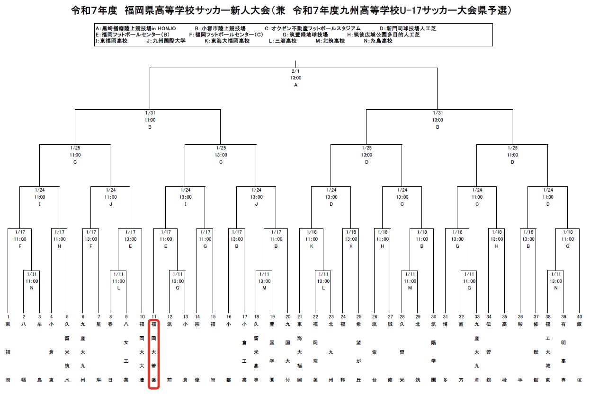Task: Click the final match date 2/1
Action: [296, 71]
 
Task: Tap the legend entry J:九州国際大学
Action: [166, 41]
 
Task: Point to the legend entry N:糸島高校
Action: [378, 41]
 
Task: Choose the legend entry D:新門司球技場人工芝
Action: [407, 29]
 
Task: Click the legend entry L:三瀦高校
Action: [283, 41]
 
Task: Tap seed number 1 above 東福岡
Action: [8, 316]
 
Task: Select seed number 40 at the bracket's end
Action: [579, 316]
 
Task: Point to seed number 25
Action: [358, 316]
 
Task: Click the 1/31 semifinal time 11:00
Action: [150, 120]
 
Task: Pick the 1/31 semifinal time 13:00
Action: [438, 120]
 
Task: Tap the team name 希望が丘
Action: [358, 352]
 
